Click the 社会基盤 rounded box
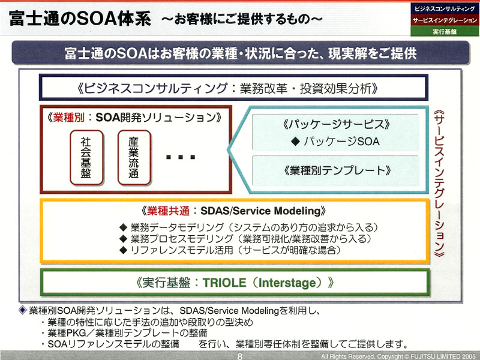tap(86, 157)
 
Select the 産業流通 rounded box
tap(134, 157)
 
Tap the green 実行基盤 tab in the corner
tap(445, 31)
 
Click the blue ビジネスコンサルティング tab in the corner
tap(445, 8)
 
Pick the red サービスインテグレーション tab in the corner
tap(445, 20)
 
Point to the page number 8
tap(239, 356)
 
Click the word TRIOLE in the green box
tap(224, 283)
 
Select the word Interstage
tap(287, 283)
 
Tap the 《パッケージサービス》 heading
tap(336, 124)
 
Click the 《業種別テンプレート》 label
tap(337, 170)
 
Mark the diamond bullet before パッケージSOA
tap(295, 141)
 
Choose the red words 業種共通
tap(169, 211)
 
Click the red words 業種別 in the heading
tap(68, 118)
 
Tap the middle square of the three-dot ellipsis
tap(181, 157)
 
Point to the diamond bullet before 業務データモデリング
tap(124, 227)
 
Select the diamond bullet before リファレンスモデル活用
tap(124, 250)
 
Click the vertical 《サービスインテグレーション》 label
tap(439, 184)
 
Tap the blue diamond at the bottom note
tap(23, 310)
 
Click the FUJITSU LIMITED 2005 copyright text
tap(443, 356)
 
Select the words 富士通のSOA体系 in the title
tap(80, 19)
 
